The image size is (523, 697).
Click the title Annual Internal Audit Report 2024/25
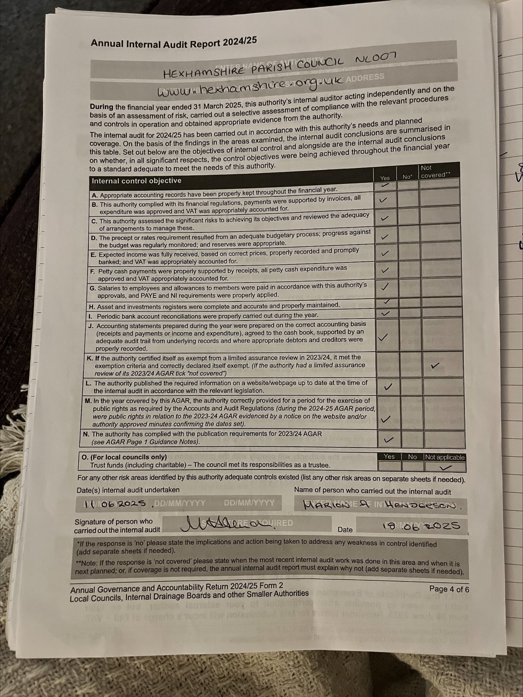click(x=174, y=43)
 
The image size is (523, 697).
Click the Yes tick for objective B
click(x=383, y=200)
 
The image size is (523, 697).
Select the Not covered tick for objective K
click(x=435, y=366)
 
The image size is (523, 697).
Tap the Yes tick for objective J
click(x=383, y=337)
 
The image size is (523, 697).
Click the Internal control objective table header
click(x=136, y=181)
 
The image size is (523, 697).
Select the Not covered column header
click(x=435, y=171)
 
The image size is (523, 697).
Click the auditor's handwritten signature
click(x=226, y=524)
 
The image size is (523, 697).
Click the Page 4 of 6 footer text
click(x=449, y=589)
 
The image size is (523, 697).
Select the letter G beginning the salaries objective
click(x=92, y=289)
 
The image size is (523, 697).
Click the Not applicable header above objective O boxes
click(x=444, y=457)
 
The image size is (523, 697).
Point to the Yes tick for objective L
click(x=388, y=386)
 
